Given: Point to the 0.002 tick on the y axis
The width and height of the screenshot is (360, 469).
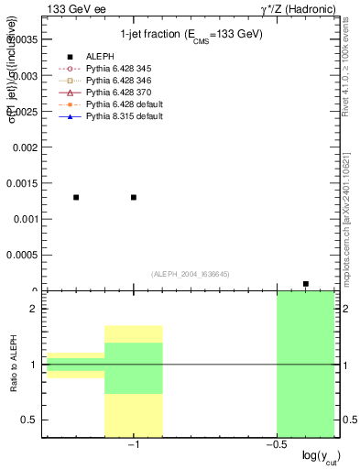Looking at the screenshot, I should click(26, 147).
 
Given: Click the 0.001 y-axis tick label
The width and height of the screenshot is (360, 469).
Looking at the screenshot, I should click(26, 220).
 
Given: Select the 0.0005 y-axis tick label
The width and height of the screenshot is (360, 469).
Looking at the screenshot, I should click(23, 256).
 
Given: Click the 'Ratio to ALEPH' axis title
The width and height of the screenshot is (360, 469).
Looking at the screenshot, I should click(14, 365).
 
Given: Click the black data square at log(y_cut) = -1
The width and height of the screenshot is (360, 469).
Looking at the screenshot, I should click(134, 197).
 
